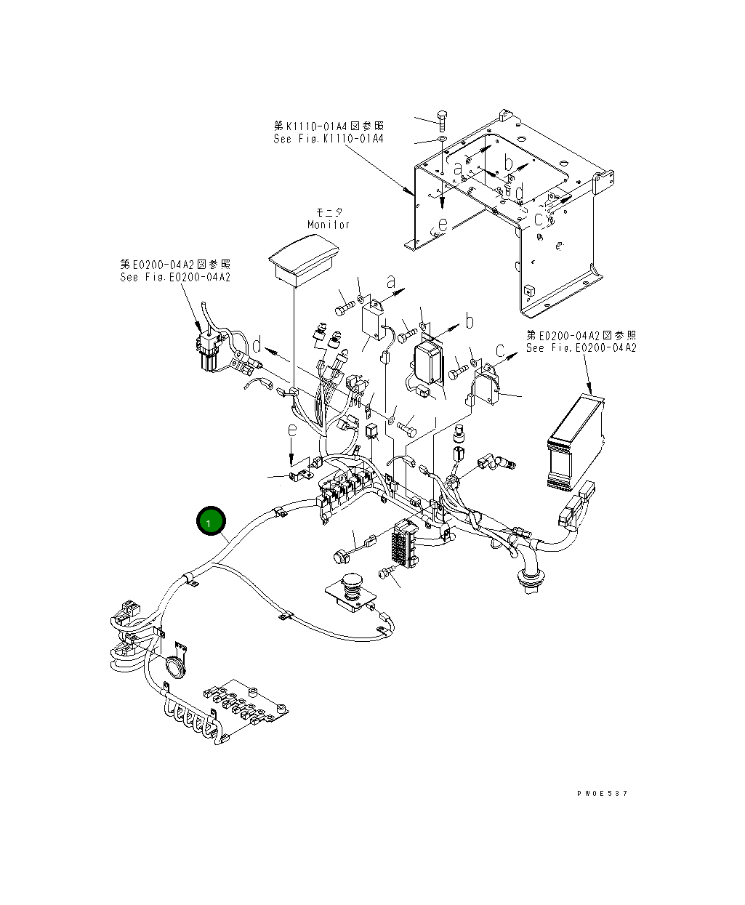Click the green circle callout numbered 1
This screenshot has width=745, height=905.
tap(211, 522)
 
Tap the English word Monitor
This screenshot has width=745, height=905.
tap(329, 225)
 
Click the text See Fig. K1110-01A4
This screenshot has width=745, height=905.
tap(329, 139)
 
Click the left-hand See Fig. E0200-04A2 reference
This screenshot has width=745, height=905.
tap(175, 277)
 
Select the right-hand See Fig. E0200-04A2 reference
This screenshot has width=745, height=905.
tap(581, 348)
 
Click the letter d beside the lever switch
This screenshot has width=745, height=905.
tap(257, 344)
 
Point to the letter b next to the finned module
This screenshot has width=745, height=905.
tap(470, 321)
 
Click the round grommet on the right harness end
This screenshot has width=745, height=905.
tap(530, 582)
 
